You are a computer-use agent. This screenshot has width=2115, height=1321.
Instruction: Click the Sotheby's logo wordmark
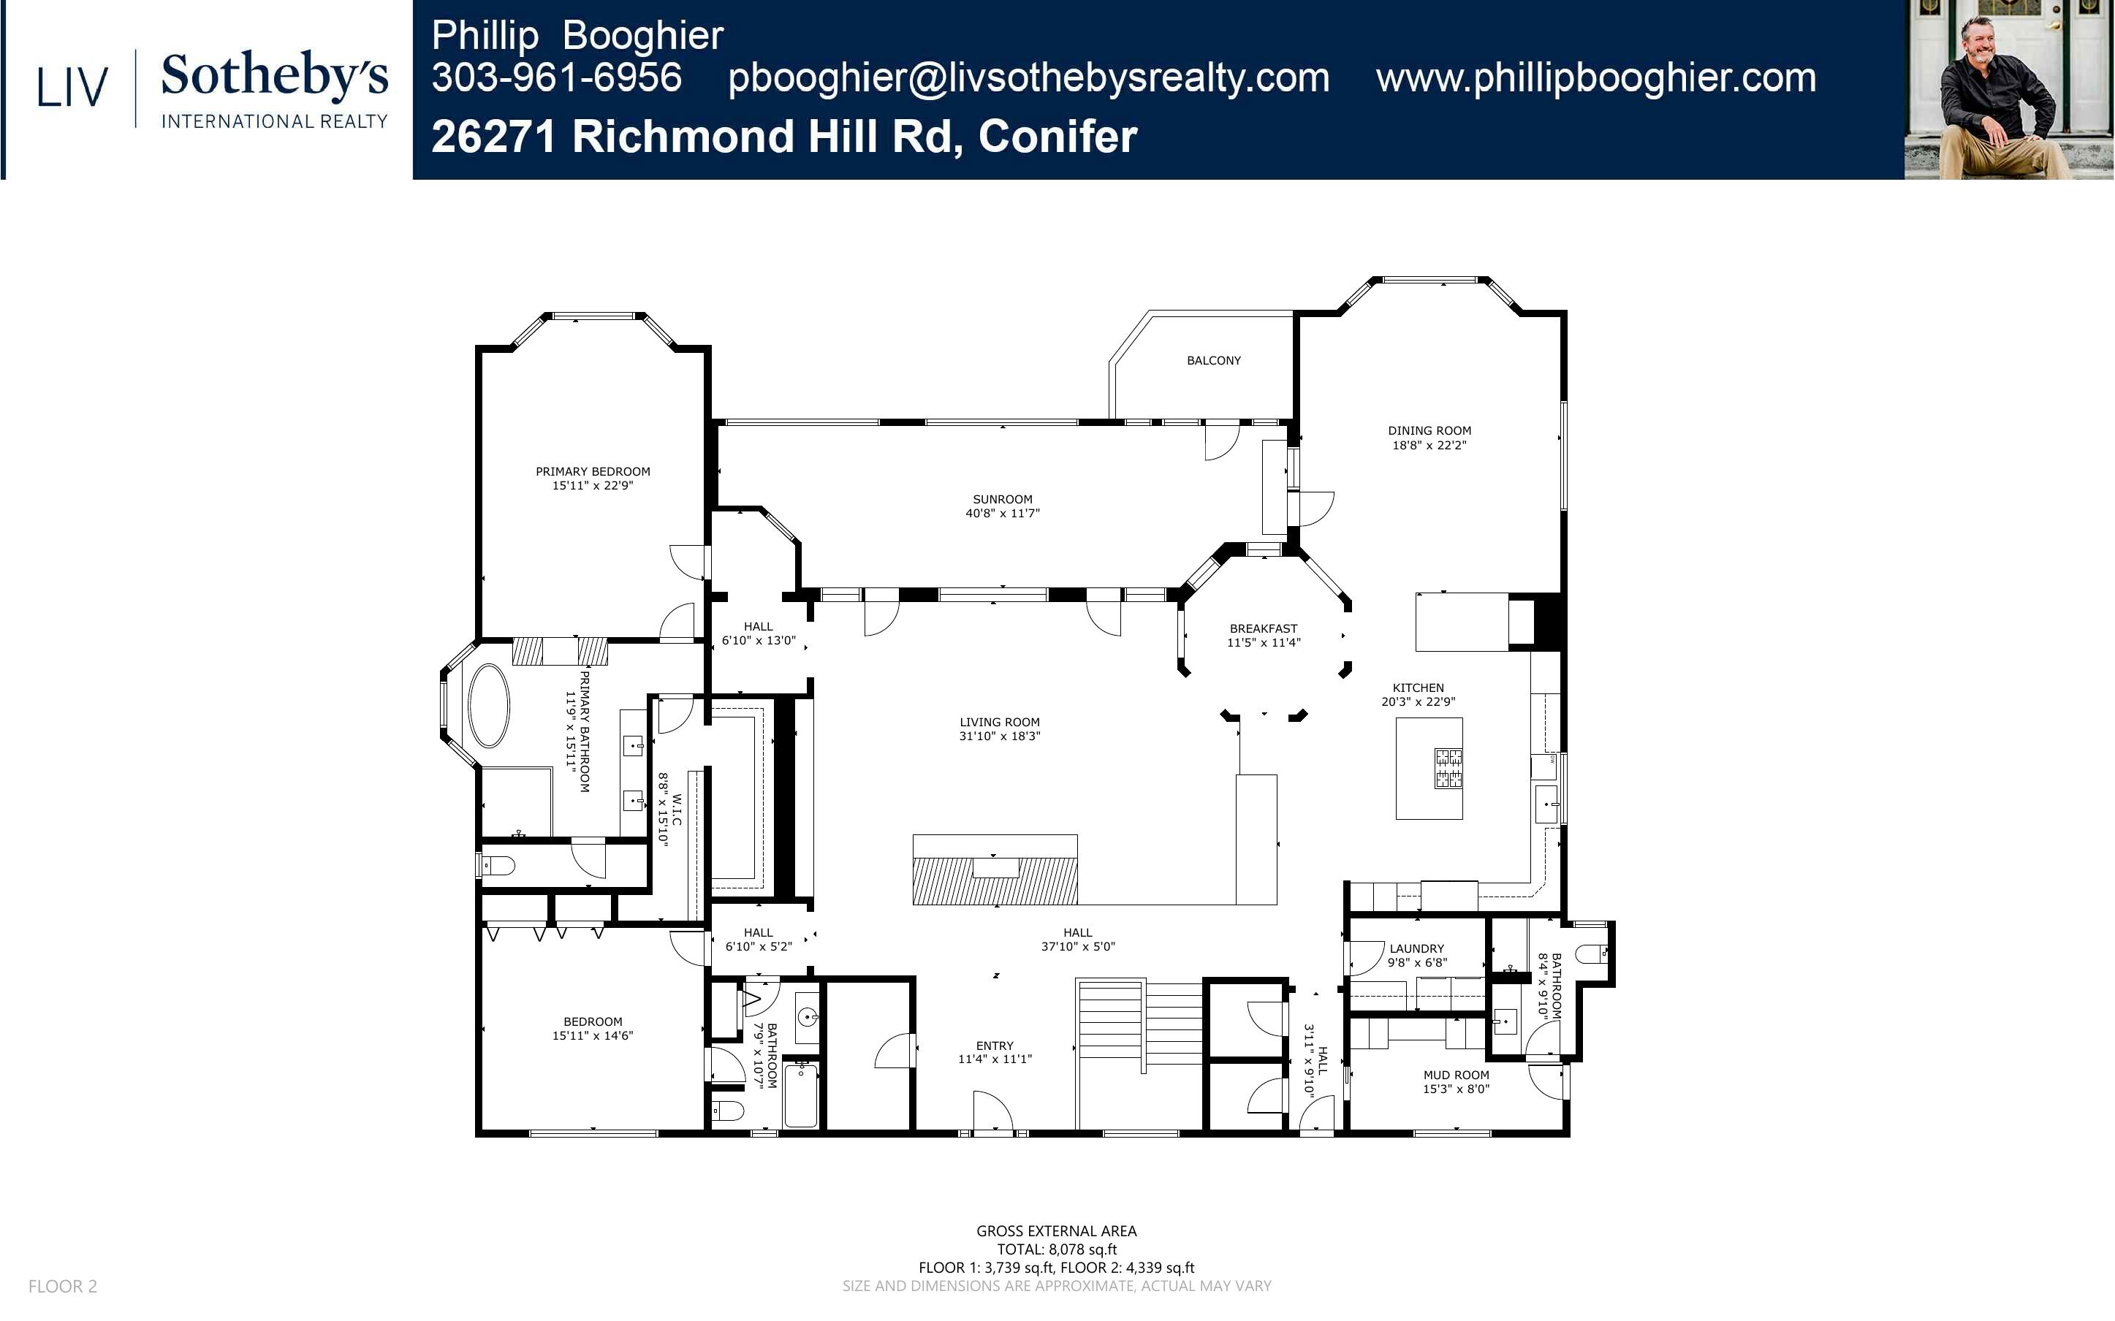274,76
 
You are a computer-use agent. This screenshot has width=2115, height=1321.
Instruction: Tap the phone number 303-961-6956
556,77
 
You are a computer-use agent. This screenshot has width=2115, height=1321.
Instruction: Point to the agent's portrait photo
2008,89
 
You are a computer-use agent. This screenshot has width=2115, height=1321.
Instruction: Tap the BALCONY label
1213,360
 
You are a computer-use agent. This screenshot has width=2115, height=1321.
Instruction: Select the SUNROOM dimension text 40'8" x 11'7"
1002,514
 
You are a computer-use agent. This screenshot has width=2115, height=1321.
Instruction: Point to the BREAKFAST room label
1264,628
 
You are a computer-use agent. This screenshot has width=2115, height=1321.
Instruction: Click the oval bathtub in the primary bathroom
488,706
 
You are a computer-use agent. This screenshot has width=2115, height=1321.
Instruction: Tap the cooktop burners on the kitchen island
1448,768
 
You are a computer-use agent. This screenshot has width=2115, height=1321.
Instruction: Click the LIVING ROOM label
1000,723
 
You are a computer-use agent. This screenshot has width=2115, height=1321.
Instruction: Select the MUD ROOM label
1457,1076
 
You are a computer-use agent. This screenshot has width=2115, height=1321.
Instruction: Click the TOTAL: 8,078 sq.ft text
1056,1249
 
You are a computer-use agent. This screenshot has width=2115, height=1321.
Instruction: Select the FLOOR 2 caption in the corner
63,1286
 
